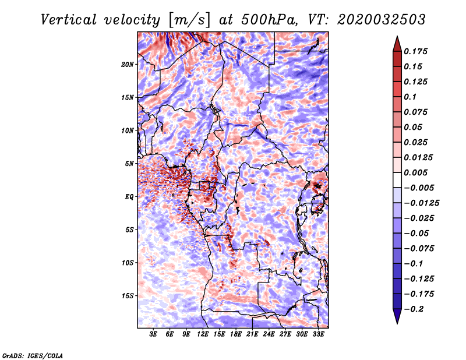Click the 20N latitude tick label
(128, 64)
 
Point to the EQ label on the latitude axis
(129, 197)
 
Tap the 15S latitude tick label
(128, 296)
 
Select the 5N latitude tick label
(129, 164)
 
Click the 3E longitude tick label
(154, 334)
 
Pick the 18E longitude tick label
(236, 334)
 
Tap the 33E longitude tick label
(318, 334)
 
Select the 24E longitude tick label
(269, 334)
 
